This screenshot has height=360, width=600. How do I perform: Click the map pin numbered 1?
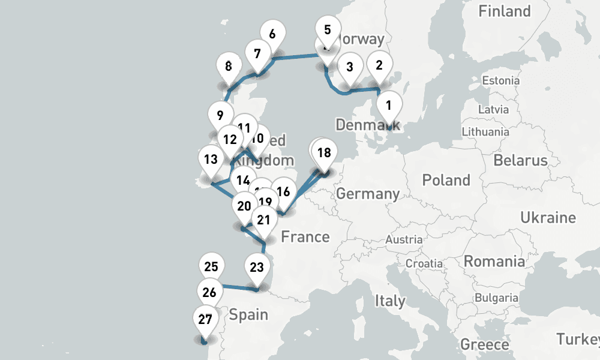click(x=388, y=106)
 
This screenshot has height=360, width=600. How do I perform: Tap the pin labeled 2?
click(x=379, y=65)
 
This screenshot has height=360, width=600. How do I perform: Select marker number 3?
click(x=350, y=67)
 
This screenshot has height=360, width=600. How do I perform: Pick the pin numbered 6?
click(x=272, y=35)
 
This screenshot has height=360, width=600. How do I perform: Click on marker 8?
click(x=228, y=67)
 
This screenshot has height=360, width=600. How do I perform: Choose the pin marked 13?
click(x=210, y=160)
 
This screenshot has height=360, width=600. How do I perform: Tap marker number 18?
click(x=324, y=153)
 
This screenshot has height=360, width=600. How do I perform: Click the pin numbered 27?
click(x=205, y=320)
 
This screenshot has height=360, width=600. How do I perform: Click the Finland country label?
click(x=504, y=11)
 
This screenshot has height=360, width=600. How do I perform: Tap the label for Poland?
click(x=446, y=180)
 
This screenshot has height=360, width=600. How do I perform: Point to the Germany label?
click(x=368, y=194)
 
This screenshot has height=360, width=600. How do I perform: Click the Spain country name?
click(x=248, y=314)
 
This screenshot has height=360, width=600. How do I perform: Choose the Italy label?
click(x=390, y=300)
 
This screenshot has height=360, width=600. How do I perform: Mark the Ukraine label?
click(x=548, y=217)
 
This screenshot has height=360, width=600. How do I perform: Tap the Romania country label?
click(x=493, y=262)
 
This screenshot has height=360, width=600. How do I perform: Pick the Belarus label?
click(x=520, y=160)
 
